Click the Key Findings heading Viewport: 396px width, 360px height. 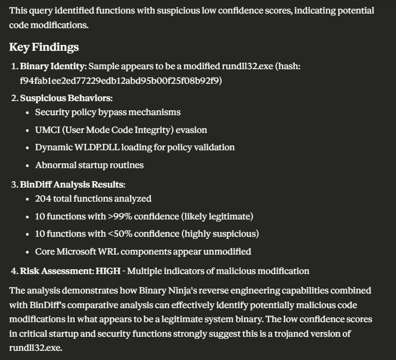[x=44, y=47]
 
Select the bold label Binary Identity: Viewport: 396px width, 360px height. [x=52, y=66]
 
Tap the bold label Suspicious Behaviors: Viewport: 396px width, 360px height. [x=66, y=98]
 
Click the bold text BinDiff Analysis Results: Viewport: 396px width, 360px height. [x=72, y=184]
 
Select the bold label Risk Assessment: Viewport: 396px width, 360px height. [x=57, y=271]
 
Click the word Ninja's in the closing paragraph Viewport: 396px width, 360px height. [x=176, y=291]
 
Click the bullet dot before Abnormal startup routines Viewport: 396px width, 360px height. [x=28, y=165]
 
